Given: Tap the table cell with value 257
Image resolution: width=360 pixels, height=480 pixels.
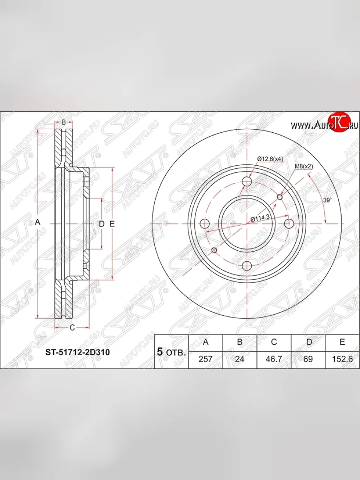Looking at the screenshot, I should pos(205,359).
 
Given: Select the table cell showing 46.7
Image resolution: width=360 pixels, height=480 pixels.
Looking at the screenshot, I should pos(274,359).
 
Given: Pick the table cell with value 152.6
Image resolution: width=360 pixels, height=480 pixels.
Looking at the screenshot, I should pos(342,359).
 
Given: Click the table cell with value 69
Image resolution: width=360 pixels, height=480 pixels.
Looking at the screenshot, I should pos(308,359).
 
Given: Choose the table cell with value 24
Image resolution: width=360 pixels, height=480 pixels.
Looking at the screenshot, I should pos(239,359).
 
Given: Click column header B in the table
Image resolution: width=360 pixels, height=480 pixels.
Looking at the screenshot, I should pos(239,342).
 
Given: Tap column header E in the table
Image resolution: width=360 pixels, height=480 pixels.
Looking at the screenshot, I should pos(342,342).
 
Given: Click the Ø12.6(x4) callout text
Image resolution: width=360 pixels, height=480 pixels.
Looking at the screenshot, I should pos(270,159).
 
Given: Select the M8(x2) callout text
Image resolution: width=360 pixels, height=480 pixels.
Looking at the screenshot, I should pos(304,166).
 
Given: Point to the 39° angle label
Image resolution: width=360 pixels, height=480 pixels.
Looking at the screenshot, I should pos(327,201).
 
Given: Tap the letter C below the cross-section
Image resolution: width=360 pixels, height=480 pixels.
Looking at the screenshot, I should pos(72,328).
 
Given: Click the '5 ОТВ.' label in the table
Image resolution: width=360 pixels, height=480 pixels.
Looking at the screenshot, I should pos(171,352).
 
